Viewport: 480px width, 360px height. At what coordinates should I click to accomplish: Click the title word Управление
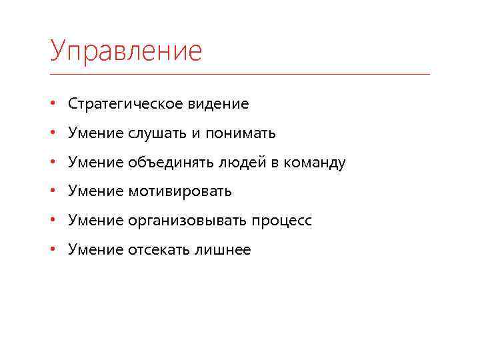coord(125,51)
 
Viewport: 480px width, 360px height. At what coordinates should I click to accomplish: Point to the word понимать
coord(241,133)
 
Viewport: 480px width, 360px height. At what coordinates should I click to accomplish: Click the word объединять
coord(167,163)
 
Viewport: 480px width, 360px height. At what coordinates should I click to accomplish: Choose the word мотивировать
coord(179,191)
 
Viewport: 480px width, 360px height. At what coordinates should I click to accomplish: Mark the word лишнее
coord(223,250)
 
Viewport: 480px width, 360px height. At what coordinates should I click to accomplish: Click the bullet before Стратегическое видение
coord(52,104)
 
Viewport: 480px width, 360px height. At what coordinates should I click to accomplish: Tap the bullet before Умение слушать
coord(52,133)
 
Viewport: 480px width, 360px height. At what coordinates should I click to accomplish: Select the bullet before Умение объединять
coord(52,163)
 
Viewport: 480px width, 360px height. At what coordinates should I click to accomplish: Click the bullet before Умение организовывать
coord(52,221)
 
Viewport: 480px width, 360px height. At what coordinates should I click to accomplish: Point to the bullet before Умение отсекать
coord(52,250)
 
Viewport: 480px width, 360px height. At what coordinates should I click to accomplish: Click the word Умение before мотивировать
coord(95,191)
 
